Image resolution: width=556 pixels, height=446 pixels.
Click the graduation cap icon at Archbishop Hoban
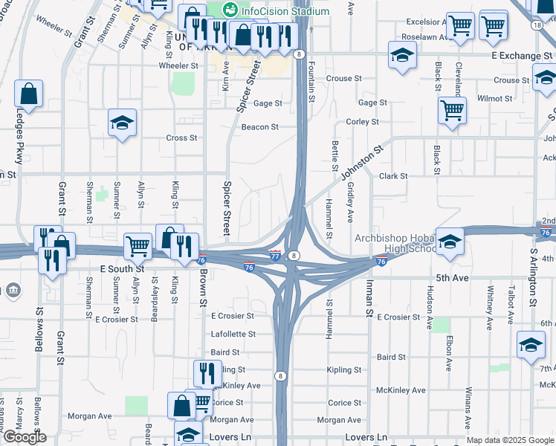click(450, 242)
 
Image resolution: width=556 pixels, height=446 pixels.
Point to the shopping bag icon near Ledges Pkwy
click(28, 94)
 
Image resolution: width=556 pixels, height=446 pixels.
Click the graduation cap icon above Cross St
click(122, 123)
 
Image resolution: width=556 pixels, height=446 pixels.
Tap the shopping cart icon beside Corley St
click(453, 111)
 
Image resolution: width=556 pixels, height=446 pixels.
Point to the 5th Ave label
click(453, 277)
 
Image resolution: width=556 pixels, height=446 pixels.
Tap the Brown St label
click(201, 286)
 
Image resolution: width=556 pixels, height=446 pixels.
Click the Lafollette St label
click(233, 335)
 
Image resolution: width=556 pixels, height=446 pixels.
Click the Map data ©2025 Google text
click(510, 440)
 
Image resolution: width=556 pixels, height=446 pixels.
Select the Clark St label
click(393, 176)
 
